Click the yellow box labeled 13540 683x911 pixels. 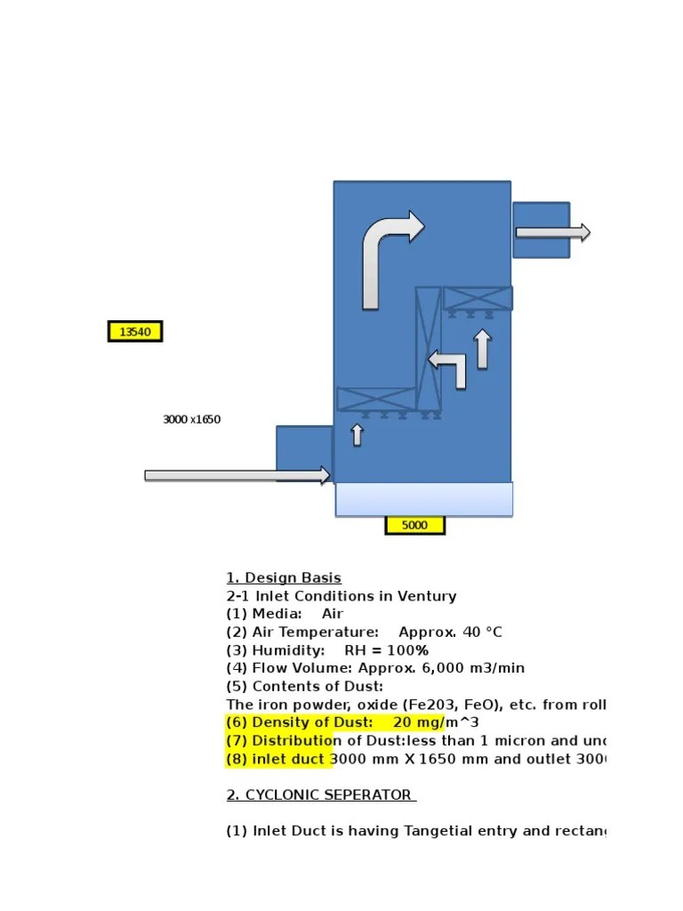click(135, 332)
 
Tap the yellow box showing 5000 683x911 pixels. click(414, 525)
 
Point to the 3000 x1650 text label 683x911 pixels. click(191, 420)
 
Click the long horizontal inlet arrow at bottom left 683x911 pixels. click(237, 476)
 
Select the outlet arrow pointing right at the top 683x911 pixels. click(552, 233)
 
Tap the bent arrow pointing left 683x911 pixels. click(449, 365)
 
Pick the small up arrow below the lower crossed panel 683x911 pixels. click(357, 434)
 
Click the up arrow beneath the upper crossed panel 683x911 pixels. click(482, 349)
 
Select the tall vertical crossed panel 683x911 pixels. click(429, 348)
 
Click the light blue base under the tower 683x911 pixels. click(423, 499)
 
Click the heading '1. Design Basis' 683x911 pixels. click(284, 578)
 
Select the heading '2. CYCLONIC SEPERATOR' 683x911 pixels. click(321, 795)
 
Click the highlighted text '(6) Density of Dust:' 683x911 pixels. click(300, 722)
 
